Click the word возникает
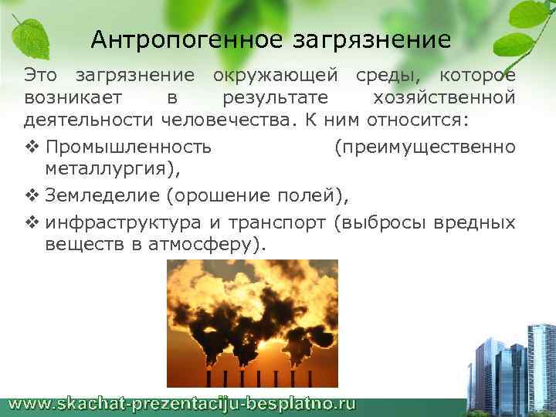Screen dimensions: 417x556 pos(69,98)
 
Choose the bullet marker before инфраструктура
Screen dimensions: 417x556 pos(31,222)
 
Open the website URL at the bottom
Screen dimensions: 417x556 pos(183,403)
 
